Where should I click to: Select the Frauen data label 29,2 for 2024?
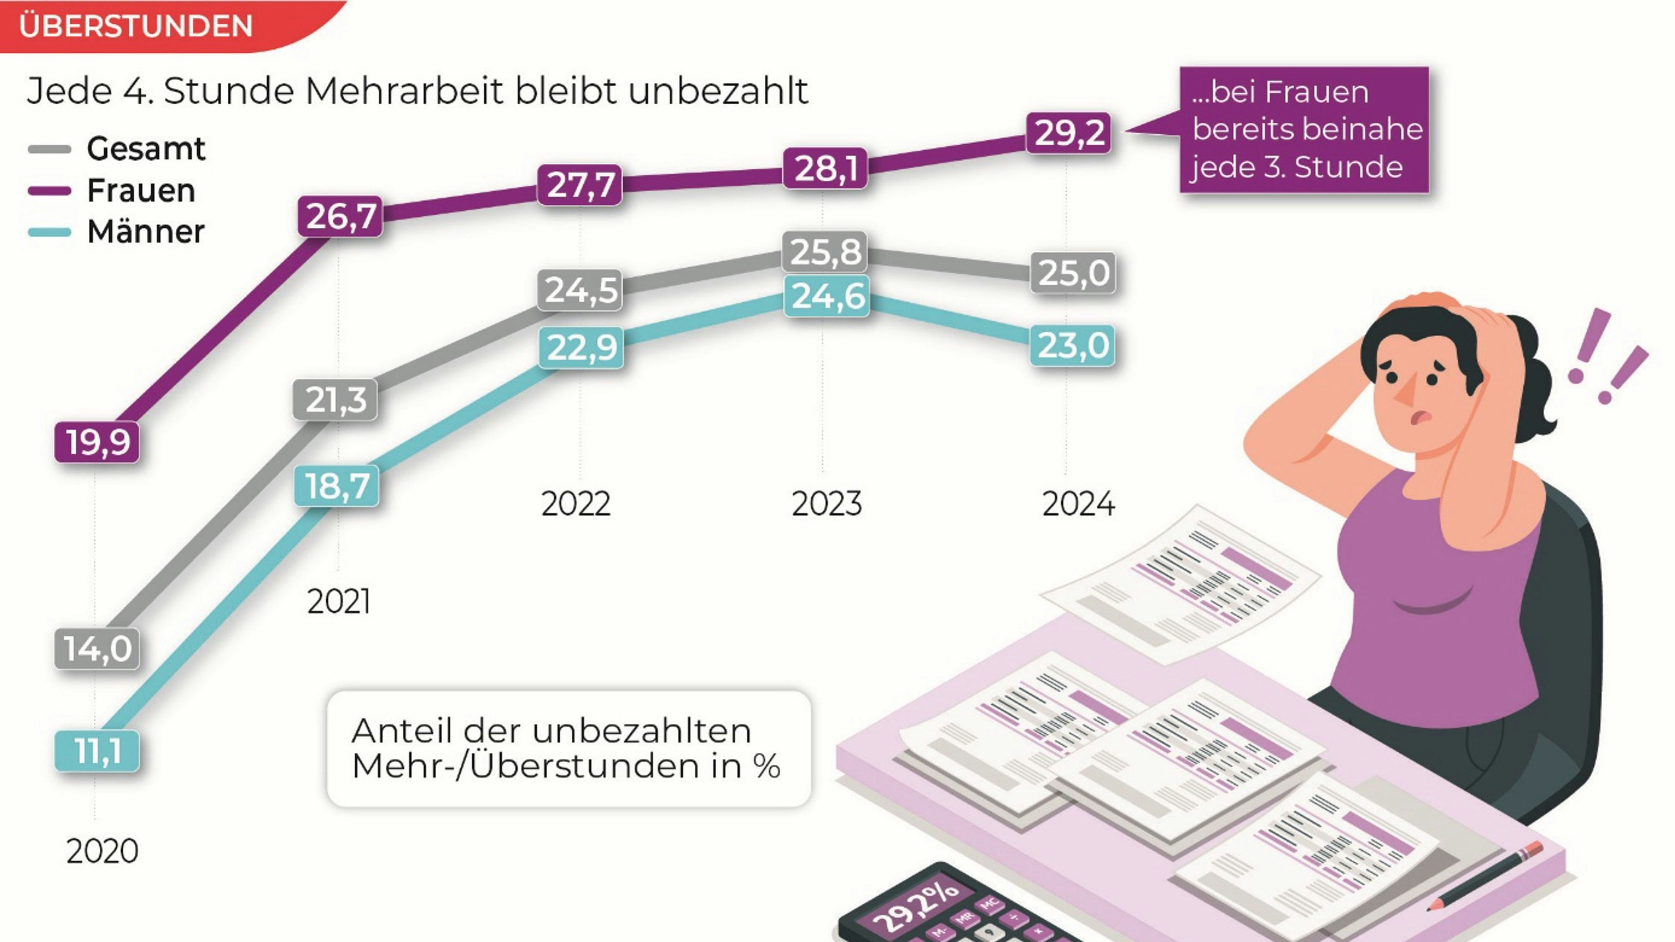(x=1068, y=133)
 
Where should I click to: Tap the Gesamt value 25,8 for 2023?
(x=825, y=252)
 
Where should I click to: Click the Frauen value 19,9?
(x=97, y=443)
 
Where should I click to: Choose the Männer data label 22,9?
(x=581, y=348)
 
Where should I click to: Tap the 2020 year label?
(x=102, y=852)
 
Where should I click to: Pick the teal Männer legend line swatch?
(x=49, y=232)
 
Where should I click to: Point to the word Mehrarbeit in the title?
(x=403, y=91)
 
